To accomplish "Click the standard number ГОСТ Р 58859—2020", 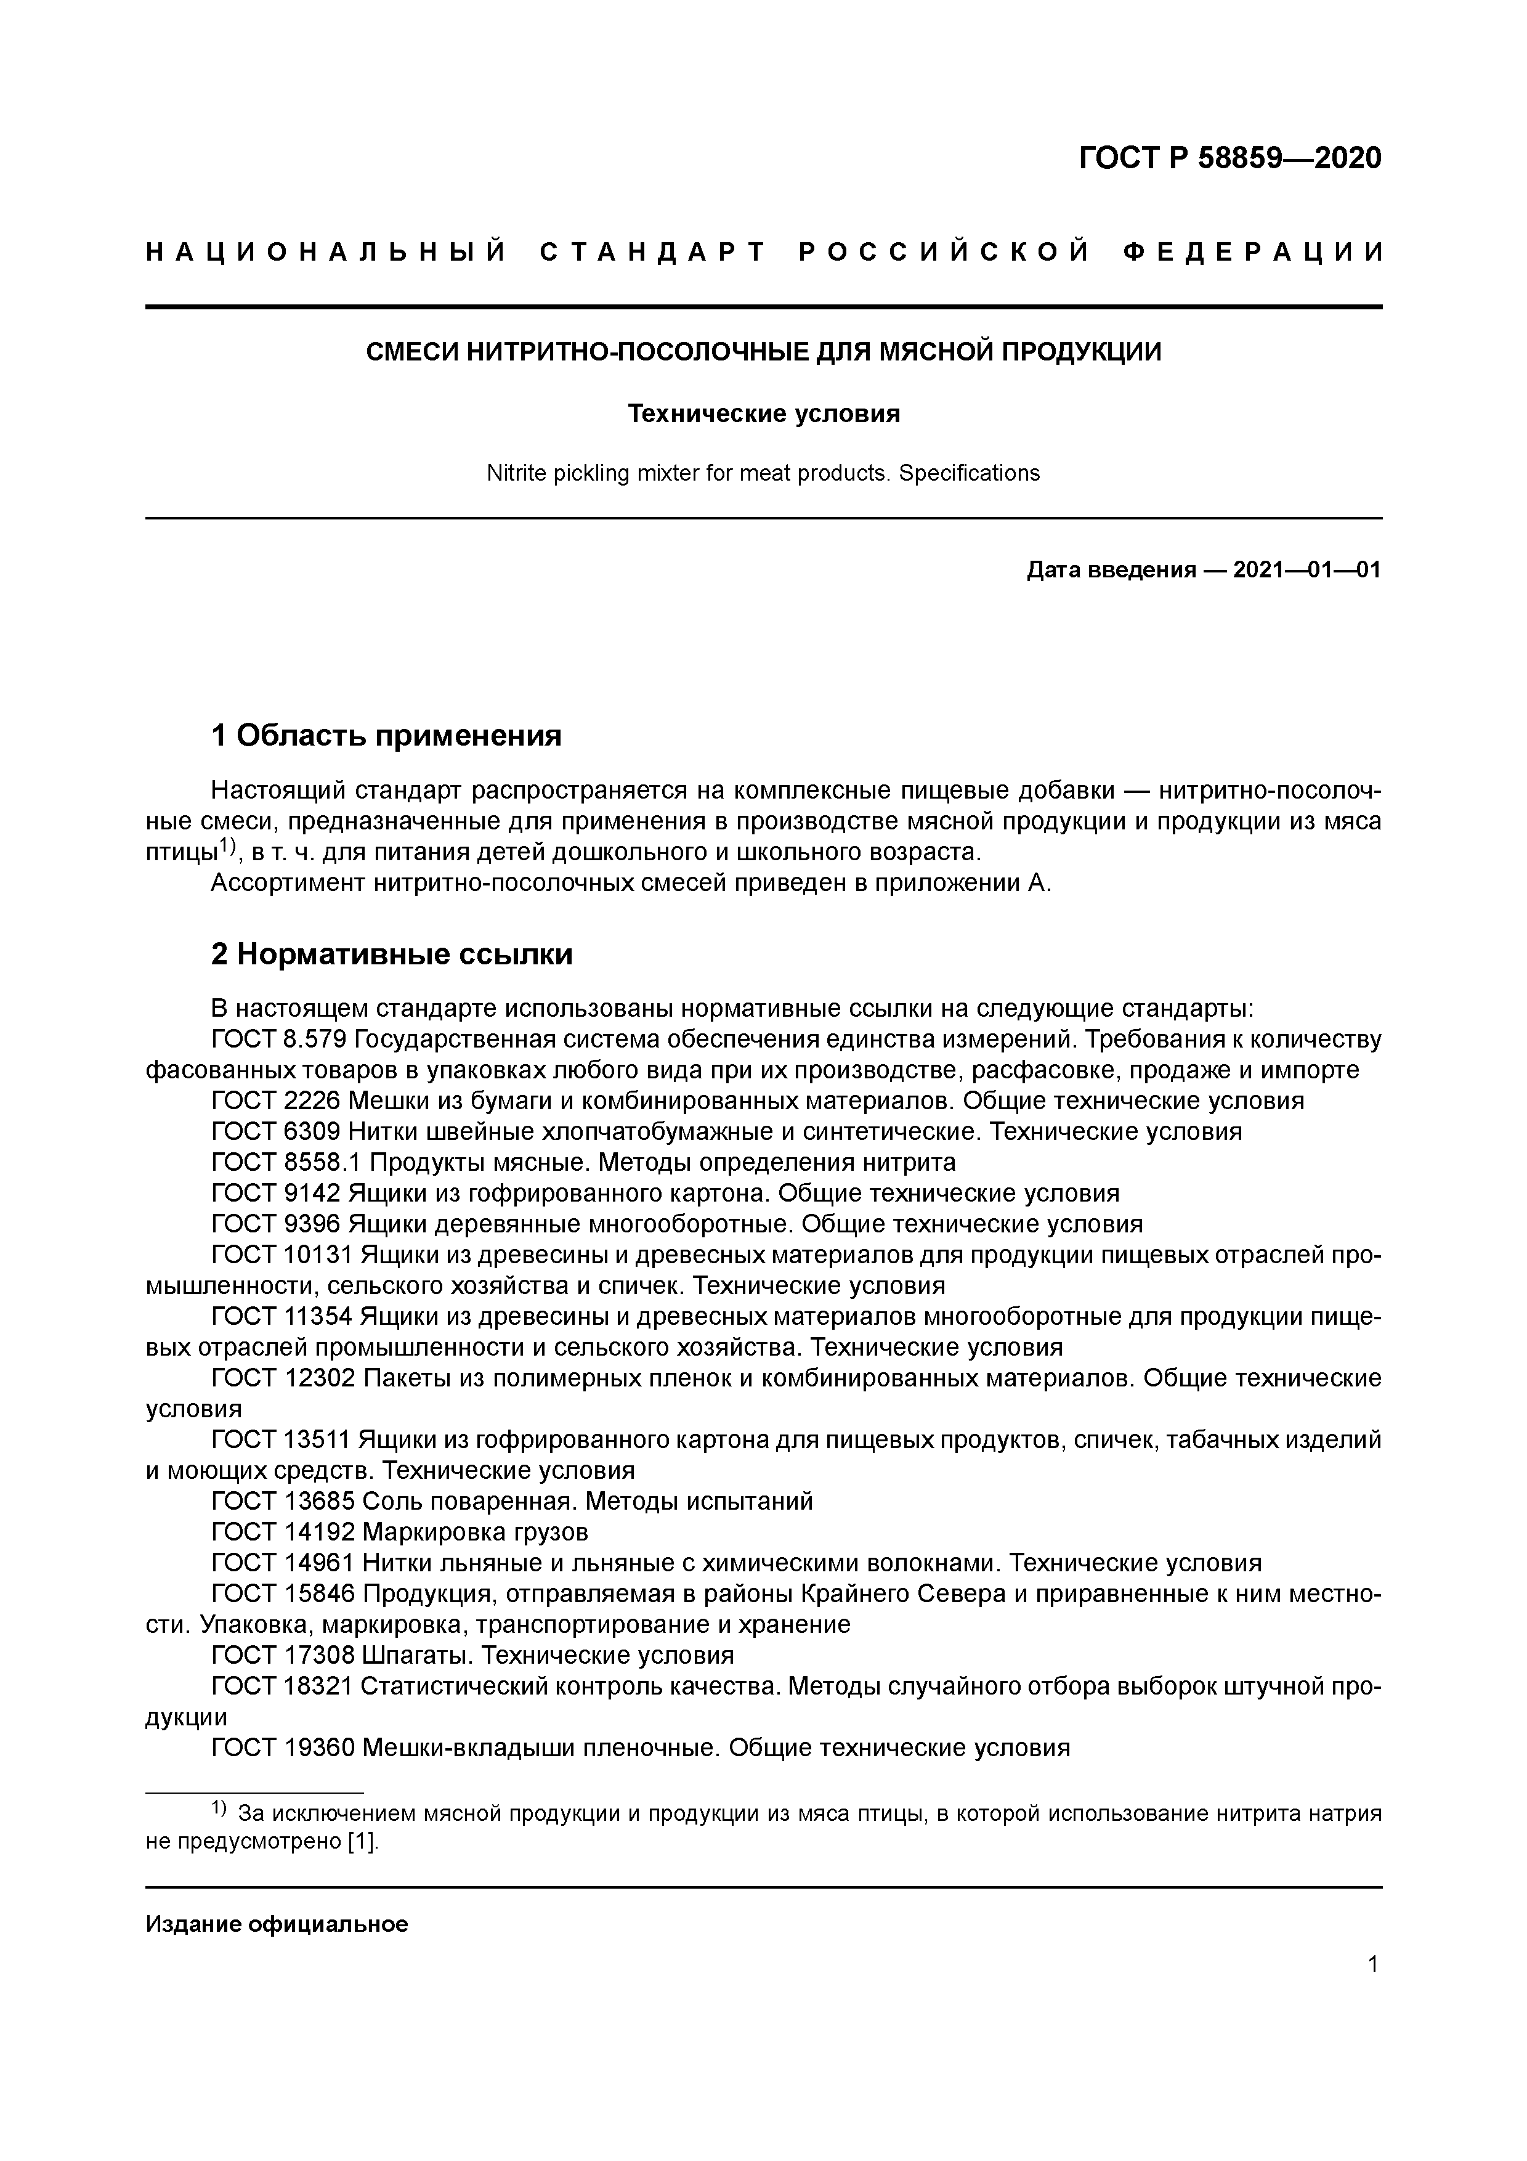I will click(1229, 158).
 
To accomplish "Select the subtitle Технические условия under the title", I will click(763, 413).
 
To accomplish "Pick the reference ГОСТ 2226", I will click(276, 1101).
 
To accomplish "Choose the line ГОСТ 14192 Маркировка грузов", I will click(400, 1531).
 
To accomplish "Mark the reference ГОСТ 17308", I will click(282, 1654).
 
